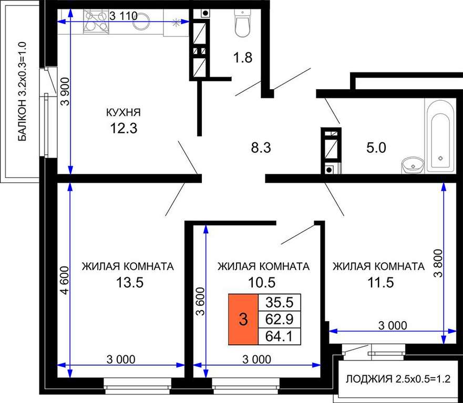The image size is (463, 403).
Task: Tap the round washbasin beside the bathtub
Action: (413, 165)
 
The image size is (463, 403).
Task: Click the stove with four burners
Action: (97, 21)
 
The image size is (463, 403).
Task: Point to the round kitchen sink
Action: (141, 21)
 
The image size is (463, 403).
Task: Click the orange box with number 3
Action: (243, 319)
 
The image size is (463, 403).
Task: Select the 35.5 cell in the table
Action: (280, 302)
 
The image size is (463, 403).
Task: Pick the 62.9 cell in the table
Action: (280, 319)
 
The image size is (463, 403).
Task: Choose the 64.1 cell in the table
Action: (280, 336)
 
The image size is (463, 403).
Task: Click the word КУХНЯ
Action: (124, 112)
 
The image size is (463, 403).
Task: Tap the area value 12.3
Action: (124, 128)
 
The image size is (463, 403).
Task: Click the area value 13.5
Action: (130, 282)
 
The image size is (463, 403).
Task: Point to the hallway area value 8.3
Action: (261, 147)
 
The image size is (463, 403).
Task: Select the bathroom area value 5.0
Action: (376, 147)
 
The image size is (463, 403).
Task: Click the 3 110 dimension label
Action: (124, 16)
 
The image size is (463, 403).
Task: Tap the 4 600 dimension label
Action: (65, 280)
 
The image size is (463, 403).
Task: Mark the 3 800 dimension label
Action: (438, 263)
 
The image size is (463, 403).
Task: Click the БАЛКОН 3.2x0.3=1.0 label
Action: (22, 91)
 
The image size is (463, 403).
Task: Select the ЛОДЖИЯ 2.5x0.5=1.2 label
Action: (398, 379)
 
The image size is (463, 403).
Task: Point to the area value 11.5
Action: (380, 282)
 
